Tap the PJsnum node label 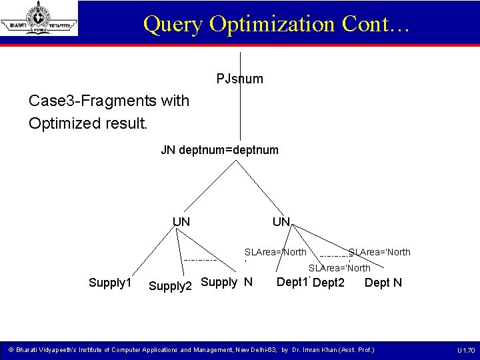point(240,79)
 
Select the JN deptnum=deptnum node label point(220,150)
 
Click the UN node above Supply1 point(181,221)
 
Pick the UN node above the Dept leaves point(281,221)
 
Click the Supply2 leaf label point(170,286)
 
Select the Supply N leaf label point(227,281)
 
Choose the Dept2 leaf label point(329,283)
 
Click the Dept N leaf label point(383,283)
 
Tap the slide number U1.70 point(466,350)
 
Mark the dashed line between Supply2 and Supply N point(200,259)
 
